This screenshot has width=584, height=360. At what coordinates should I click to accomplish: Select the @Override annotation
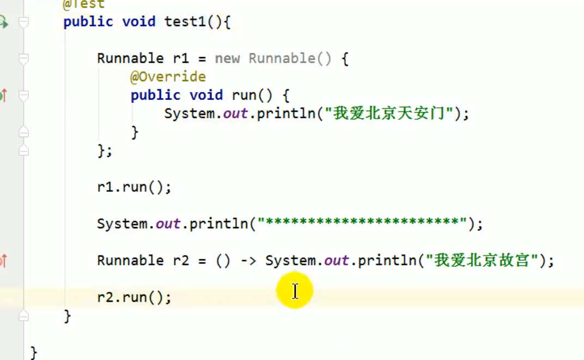coord(168,77)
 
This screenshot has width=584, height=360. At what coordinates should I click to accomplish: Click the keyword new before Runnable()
coord(227,58)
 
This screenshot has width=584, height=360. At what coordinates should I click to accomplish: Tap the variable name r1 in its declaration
coord(181,58)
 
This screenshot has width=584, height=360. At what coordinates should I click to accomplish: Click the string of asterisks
coord(362,223)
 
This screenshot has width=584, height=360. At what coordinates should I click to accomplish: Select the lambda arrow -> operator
coord(248,260)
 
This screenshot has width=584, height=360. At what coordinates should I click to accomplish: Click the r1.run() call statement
coord(134,187)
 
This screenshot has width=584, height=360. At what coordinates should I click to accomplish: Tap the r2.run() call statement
coord(134,297)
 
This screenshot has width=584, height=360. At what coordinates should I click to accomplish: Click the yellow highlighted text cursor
coord(295,291)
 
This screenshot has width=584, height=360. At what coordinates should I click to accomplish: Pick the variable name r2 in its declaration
coord(181,260)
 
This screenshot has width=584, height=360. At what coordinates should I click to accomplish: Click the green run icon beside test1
coord(3,22)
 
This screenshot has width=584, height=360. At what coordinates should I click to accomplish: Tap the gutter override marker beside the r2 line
coord(3,261)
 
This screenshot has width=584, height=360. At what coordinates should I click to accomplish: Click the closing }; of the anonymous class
coord(105,150)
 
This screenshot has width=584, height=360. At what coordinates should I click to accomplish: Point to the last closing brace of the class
coord(34,352)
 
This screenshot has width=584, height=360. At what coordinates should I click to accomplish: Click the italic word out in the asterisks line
coord(168,223)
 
